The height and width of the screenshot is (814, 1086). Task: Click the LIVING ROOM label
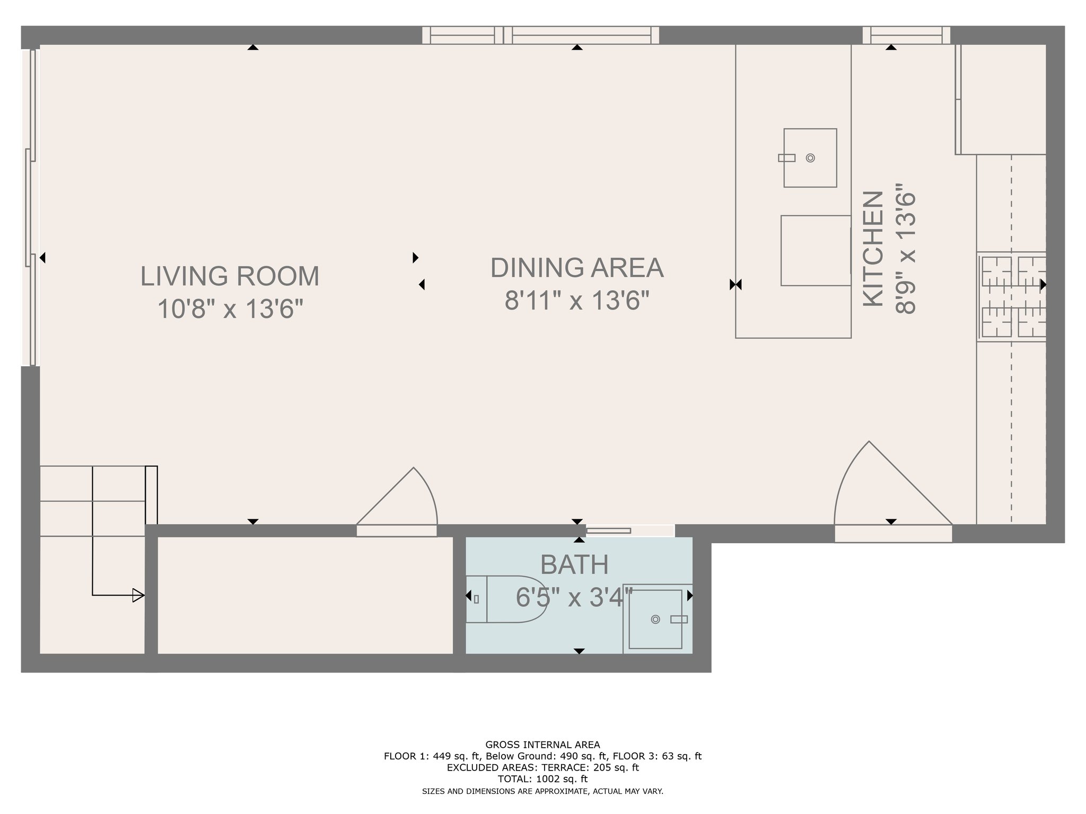(230, 276)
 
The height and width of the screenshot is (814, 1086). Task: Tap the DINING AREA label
(577, 268)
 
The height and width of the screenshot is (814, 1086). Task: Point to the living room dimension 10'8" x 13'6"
(230, 308)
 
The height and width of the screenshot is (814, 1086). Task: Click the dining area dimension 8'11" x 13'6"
(577, 300)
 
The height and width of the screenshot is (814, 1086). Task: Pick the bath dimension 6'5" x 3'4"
(574, 597)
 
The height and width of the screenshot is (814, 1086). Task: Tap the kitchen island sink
(810, 158)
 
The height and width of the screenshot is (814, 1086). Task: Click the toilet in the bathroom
(506, 599)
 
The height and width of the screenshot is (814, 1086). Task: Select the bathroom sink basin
(655, 619)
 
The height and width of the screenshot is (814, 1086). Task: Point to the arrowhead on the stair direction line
(138, 595)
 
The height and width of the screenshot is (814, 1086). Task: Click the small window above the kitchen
(906, 36)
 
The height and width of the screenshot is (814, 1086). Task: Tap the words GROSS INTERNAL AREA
(542, 745)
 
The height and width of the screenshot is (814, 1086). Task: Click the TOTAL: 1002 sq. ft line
(542, 779)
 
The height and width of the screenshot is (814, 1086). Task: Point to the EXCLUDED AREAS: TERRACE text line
(542, 767)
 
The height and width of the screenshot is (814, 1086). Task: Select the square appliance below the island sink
(816, 251)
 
